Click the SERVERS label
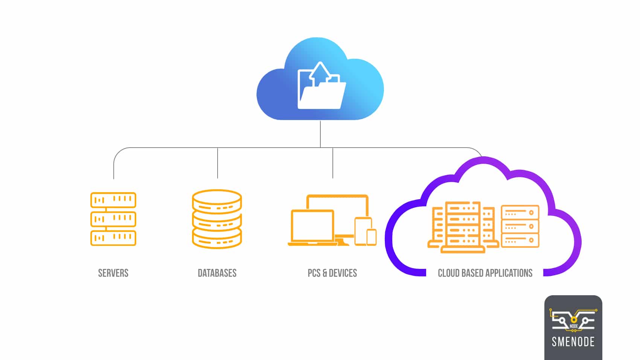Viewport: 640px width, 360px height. [113, 273]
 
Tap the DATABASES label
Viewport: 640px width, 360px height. [217, 273]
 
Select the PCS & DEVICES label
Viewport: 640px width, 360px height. [332, 273]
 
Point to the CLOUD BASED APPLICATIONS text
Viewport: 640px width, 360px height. [485, 273]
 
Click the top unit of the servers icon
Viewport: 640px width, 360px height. [113, 200]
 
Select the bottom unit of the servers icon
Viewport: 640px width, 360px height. [113, 238]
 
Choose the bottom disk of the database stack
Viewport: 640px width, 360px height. [217, 239]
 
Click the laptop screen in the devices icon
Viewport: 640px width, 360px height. [312, 226]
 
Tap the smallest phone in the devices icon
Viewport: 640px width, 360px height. [372, 237]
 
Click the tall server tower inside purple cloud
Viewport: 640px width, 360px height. [463, 226]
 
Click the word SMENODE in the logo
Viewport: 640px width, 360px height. [573, 342]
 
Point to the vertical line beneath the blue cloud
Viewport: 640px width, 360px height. [320, 134]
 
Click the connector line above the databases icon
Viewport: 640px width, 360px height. [218, 163]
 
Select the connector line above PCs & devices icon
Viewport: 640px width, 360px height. [333, 163]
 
